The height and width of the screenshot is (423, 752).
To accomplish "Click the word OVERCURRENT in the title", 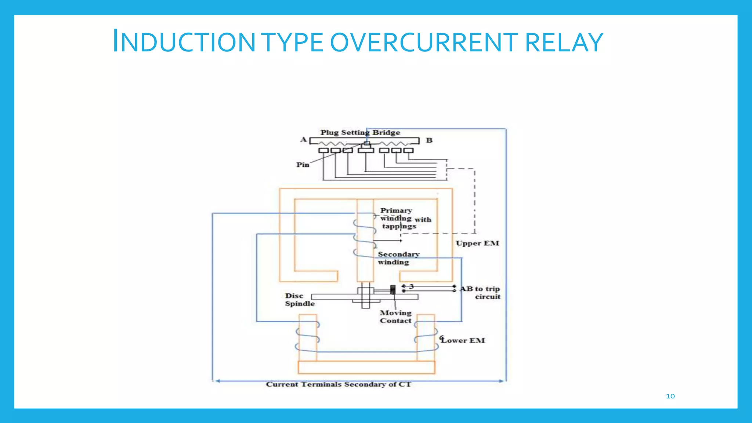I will click(424, 42).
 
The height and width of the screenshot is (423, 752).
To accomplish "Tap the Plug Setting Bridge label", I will click(360, 133).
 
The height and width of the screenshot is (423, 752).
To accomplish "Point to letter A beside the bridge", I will click(303, 140).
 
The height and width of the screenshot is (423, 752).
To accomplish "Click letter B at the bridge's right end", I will click(429, 140).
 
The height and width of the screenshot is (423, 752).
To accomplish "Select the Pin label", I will click(303, 165).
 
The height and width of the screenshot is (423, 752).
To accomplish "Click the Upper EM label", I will click(477, 243).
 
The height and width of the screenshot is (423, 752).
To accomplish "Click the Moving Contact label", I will click(395, 317).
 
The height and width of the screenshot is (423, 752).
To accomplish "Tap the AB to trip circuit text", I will click(481, 293).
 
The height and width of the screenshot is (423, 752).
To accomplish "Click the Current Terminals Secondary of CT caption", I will click(338, 384).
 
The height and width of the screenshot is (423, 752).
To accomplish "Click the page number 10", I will click(670, 396).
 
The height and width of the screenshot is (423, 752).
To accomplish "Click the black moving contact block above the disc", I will click(393, 290).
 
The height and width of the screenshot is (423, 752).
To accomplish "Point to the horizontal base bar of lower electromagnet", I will click(366, 367).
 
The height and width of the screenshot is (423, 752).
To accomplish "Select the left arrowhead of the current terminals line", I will click(217, 381).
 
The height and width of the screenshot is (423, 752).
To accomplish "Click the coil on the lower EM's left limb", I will click(308, 336).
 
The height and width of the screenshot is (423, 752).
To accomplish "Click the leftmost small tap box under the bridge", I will click(323, 151).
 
